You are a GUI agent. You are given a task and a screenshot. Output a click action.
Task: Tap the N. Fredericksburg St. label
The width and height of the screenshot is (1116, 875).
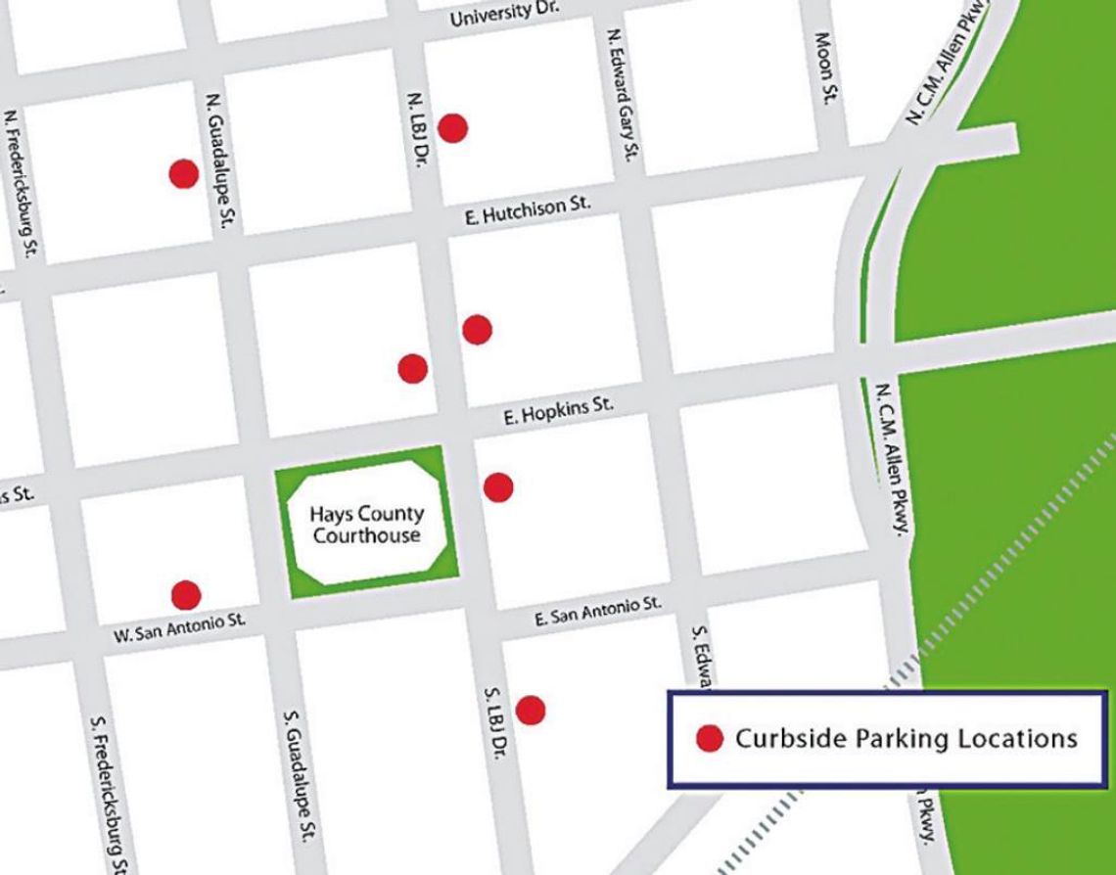pyautogui.click(x=23, y=183)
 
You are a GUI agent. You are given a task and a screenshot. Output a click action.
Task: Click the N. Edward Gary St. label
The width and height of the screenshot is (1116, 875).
pyautogui.click(x=624, y=95)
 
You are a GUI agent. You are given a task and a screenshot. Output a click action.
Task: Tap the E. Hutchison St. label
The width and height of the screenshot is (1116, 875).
pyautogui.click(x=529, y=211)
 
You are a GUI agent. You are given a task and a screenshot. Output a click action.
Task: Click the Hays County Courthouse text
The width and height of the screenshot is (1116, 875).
pyautogui.click(x=366, y=525)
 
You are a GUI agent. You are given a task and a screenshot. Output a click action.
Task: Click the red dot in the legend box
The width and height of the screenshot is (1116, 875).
pyautogui.click(x=709, y=739)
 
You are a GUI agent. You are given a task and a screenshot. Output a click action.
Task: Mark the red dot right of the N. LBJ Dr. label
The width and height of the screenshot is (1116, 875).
pyautogui.click(x=452, y=127)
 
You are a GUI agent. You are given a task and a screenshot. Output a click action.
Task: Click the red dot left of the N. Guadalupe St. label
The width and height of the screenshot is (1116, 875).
pyautogui.click(x=184, y=174)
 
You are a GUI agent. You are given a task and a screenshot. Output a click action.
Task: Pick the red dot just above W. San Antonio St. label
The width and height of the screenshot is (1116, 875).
pyautogui.click(x=186, y=594)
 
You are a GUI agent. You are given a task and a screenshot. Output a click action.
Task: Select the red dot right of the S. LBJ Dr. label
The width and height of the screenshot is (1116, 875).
pyautogui.click(x=531, y=710)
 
